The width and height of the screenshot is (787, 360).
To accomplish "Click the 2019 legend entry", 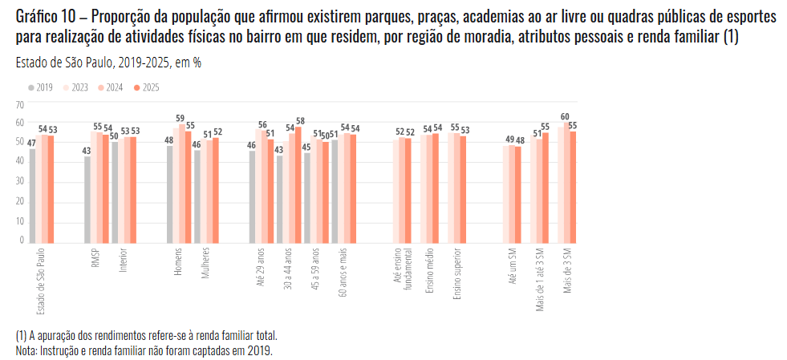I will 43,87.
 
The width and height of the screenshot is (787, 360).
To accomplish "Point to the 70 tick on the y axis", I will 21,105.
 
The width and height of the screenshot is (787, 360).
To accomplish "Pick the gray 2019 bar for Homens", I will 170,194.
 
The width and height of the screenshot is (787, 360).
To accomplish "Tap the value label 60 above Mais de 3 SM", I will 565,116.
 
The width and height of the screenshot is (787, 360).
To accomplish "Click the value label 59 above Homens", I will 181,118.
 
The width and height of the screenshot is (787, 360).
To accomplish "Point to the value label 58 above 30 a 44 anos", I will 300,120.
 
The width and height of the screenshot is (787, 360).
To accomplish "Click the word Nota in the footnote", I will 26,350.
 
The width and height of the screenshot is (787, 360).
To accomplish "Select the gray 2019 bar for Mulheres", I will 197,196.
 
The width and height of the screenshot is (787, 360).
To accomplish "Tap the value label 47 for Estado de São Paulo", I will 31,143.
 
